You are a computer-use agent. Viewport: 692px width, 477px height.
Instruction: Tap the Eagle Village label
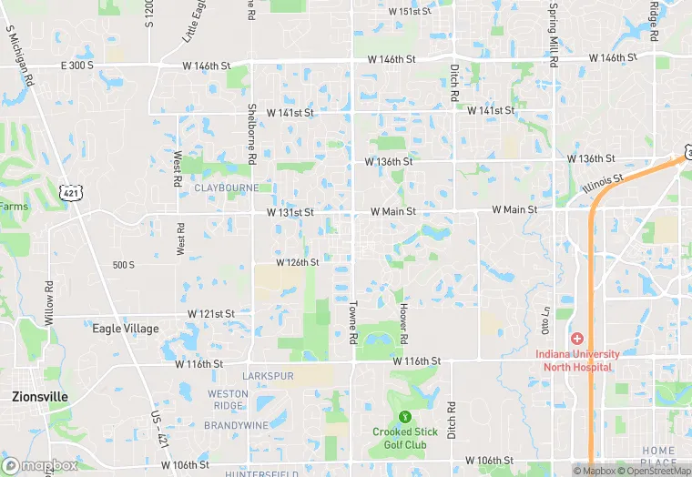126,329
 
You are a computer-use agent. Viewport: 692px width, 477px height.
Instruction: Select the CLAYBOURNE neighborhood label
227,188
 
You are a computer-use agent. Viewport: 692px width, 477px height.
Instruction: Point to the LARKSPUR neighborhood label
269,376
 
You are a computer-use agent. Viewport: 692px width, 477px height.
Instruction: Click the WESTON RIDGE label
228,399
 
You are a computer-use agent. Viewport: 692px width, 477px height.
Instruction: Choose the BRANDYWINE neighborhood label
235,425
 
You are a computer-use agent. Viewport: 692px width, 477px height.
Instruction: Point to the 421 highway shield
70,191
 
